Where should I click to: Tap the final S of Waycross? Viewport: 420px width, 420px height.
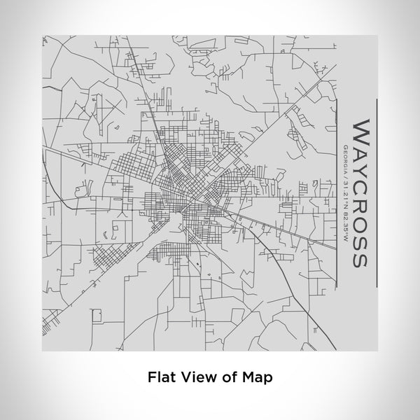(x=360, y=258)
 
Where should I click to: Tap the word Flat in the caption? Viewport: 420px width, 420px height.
(x=160, y=377)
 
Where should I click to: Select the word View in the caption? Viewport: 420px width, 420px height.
(x=197, y=377)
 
